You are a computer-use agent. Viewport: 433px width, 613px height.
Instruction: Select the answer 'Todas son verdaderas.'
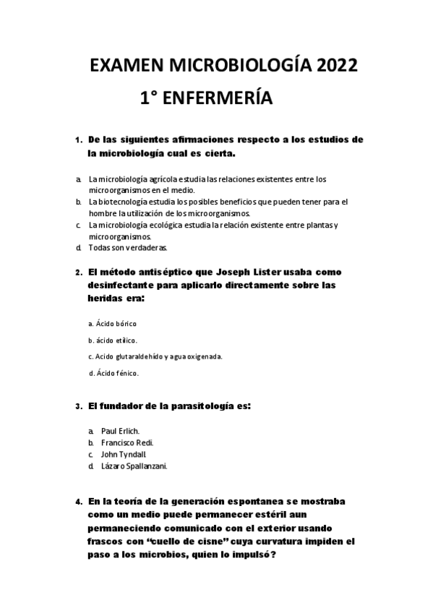(x=127, y=247)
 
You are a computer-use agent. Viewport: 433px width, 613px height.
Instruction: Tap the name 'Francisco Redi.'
(x=127, y=442)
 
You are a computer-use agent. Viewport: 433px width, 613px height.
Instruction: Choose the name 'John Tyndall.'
(x=125, y=454)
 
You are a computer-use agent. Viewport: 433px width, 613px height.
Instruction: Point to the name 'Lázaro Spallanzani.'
(x=134, y=466)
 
